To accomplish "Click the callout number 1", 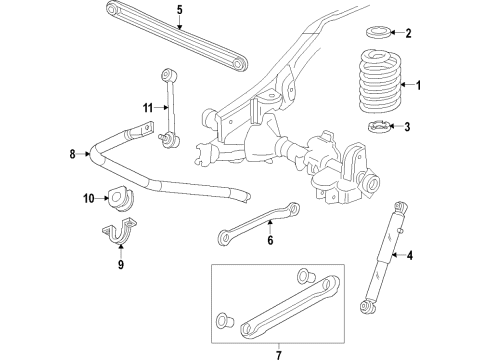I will pos(419,87).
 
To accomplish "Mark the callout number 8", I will pos(72,154).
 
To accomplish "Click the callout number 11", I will pos(146,107).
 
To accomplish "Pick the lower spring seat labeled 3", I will pos(377,127).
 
